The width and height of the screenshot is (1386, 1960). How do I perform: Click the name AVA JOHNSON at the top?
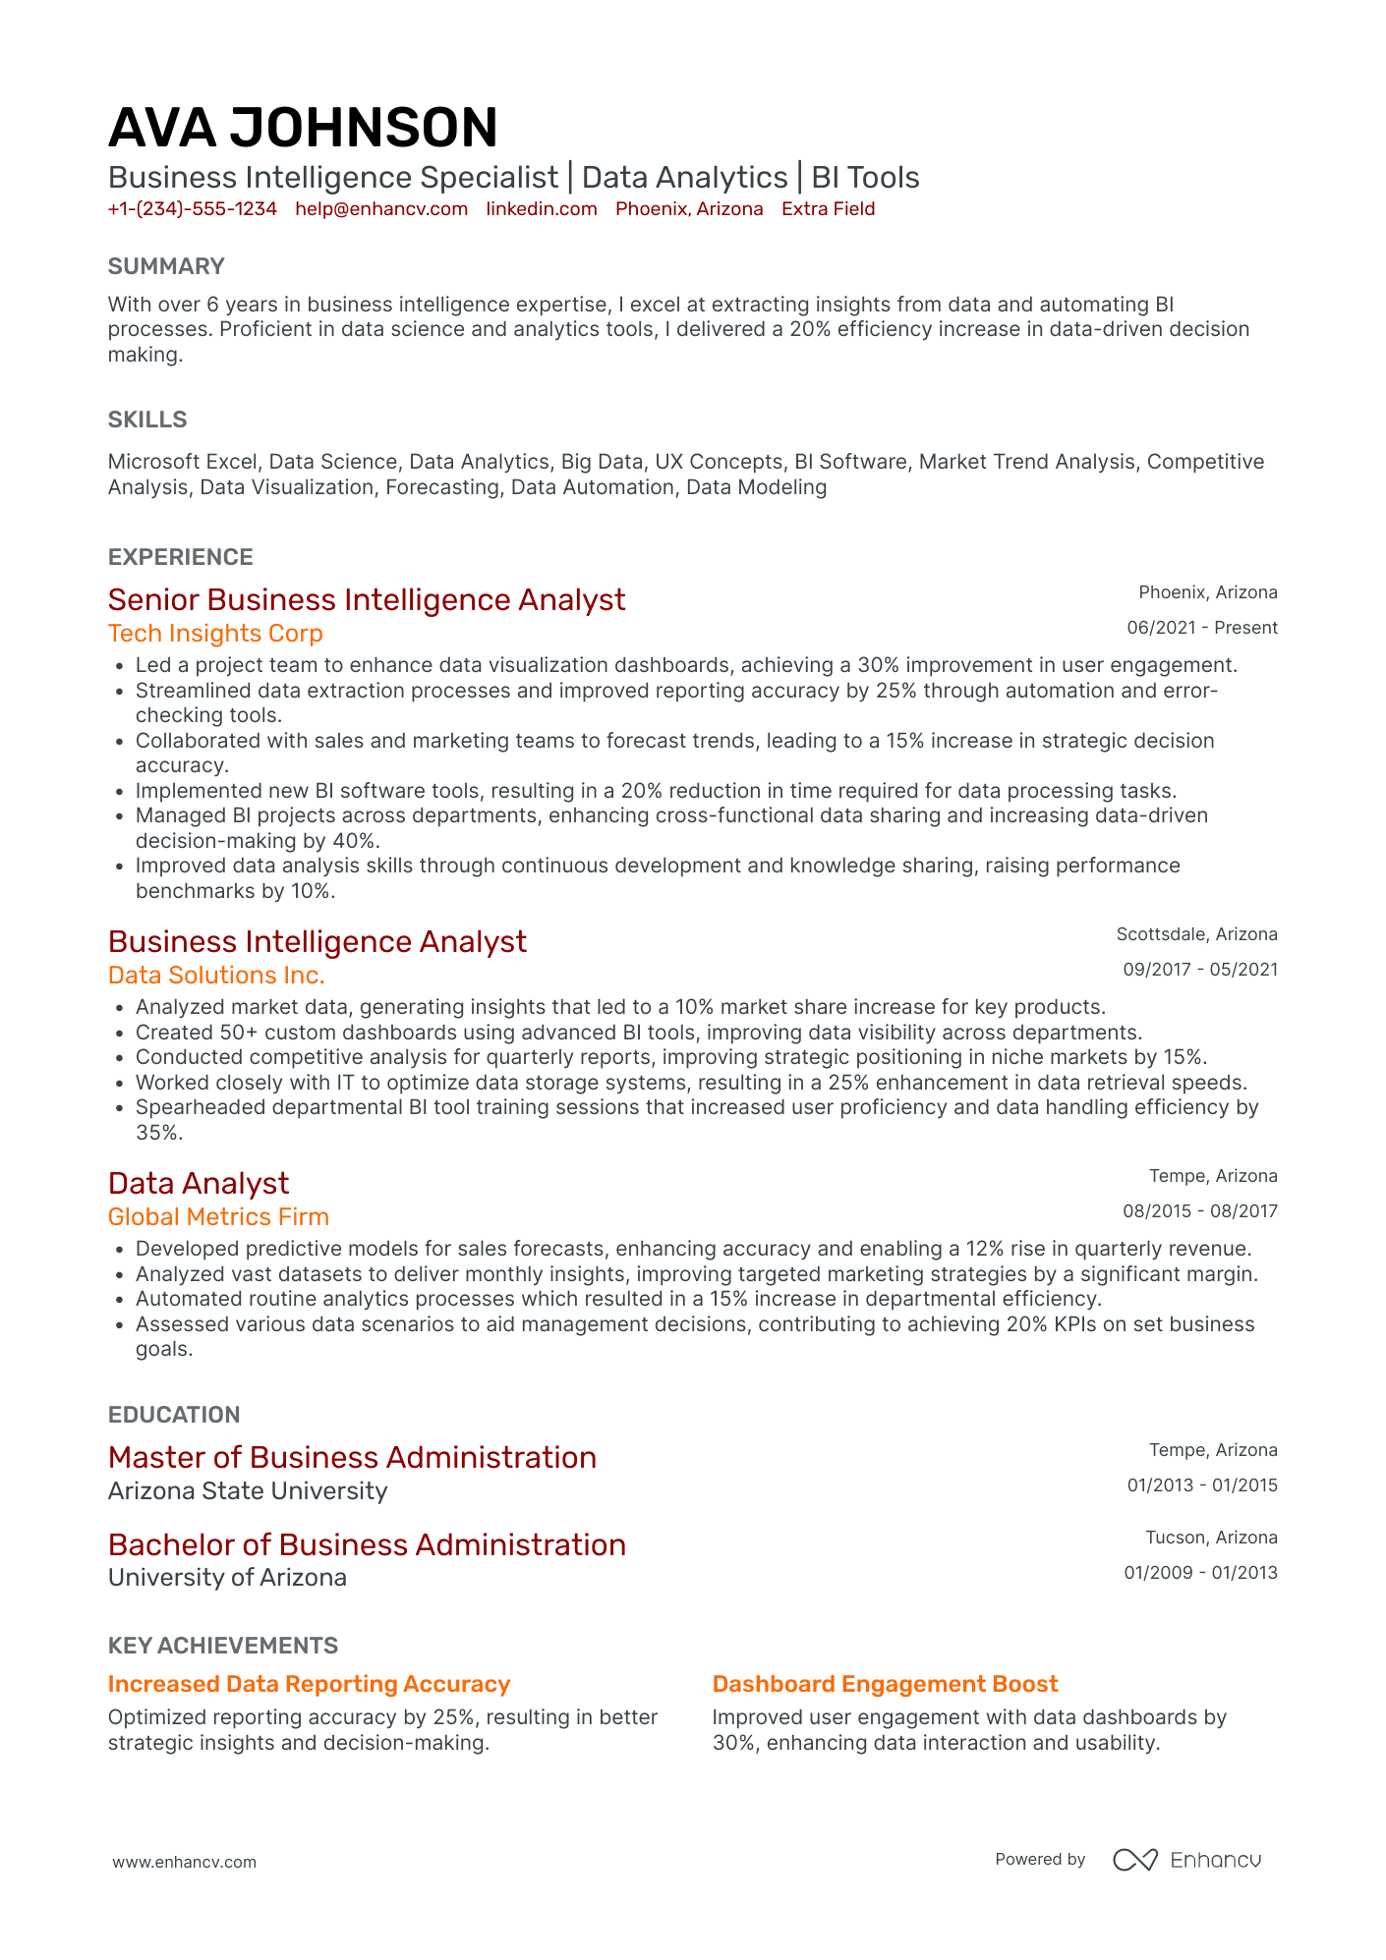(303, 129)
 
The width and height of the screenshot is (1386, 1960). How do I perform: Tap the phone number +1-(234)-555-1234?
(193, 209)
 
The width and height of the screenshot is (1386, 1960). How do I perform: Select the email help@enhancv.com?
(381, 209)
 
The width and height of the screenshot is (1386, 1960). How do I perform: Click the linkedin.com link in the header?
(542, 209)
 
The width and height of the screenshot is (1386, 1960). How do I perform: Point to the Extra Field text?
(828, 209)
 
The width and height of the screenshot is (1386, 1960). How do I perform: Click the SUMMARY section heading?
(166, 266)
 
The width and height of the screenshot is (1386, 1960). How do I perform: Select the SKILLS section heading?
(147, 420)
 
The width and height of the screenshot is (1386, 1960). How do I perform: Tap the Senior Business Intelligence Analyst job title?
(367, 600)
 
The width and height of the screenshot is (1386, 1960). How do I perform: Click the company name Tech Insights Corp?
(215, 634)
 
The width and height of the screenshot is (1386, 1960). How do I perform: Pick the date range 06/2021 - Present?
(1201, 628)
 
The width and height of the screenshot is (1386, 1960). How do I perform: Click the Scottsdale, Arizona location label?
(1196, 934)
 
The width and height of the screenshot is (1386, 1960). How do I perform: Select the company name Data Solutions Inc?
(216, 976)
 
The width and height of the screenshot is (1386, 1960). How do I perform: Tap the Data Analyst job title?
(199, 1184)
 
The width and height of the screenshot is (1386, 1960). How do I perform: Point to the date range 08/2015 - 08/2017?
(1200, 1211)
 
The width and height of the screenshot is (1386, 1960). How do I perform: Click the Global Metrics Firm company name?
(218, 1217)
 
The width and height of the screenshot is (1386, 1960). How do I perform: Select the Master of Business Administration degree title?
(352, 1458)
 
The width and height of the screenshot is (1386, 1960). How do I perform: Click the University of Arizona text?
(227, 1578)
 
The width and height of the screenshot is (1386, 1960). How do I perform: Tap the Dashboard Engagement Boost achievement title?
(885, 1684)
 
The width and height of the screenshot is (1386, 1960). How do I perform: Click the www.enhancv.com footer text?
(185, 1862)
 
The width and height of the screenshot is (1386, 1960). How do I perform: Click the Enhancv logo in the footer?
(1186, 1860)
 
